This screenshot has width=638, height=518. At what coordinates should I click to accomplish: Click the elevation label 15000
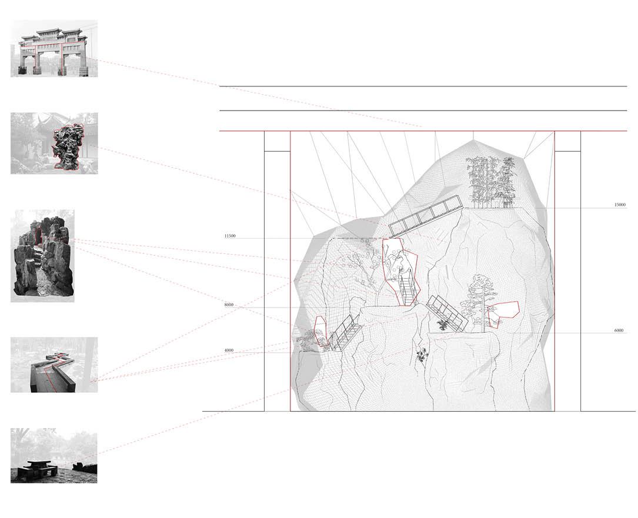(x=620, y=205)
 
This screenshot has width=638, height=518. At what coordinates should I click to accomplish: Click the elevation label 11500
(x=230, y=236)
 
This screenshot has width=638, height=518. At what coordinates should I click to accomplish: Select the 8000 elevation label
(x=229, y=305)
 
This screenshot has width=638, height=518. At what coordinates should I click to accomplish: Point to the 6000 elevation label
(x=619, y=330)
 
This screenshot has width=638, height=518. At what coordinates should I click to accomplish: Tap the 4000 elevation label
(x=229, y=350)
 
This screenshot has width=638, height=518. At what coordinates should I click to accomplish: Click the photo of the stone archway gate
(x=54, y=48)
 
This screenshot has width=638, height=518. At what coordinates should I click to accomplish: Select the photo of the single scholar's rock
(x=54, y=143)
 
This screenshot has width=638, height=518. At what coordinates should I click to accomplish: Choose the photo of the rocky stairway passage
(x=42, y=256)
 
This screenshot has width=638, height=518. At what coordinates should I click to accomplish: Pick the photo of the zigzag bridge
(x=54, y=365)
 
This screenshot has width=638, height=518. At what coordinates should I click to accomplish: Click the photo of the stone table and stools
(x=54, y=455)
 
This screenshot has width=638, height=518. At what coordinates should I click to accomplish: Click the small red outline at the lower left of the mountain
(x=322, y=331)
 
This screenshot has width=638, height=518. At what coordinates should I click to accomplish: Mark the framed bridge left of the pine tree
(x=447, y=313)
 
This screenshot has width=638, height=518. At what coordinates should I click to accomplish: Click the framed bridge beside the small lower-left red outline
(x=345, y=333)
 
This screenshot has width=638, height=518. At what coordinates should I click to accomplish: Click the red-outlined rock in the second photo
(x=68, y=146)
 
